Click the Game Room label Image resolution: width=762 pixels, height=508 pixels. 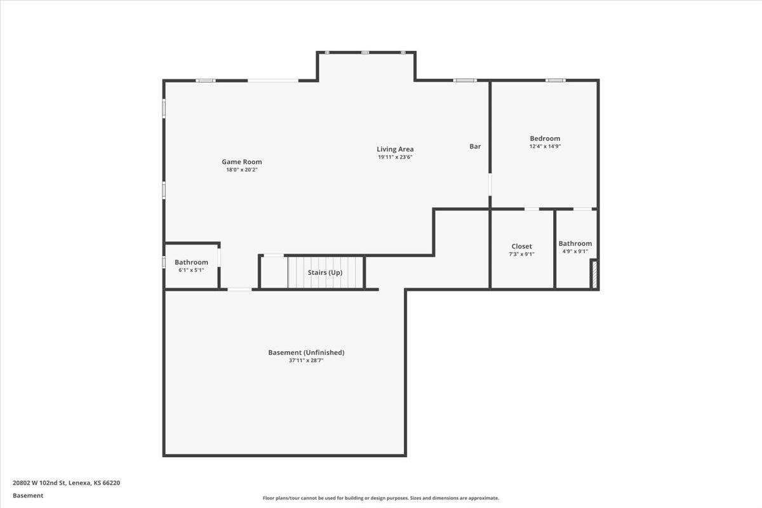coord(241,162)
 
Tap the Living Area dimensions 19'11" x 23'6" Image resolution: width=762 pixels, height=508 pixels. coord(395,157)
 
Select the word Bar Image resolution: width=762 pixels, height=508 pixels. coord(475,147)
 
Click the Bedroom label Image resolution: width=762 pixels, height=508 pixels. coord(545,138)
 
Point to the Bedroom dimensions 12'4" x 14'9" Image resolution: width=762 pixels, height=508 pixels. coord(545,146)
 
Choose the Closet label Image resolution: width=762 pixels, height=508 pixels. coord(521,246)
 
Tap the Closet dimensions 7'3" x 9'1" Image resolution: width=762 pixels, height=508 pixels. coord(521,254)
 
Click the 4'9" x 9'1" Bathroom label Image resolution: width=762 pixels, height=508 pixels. coord(575,244)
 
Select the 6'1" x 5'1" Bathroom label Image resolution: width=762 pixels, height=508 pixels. coord(191,262)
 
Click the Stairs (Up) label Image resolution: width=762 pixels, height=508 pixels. coord(325,272)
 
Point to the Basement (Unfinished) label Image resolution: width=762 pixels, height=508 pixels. coord(306,352)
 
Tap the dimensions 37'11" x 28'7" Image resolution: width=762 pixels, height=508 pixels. coord(306,360)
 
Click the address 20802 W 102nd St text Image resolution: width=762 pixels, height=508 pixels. coord(66,483)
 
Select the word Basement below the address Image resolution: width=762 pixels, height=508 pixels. coord(28,495)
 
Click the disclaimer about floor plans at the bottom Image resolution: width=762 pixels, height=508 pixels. coord(381,498)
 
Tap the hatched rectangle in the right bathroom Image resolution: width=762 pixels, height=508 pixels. coord(594,275)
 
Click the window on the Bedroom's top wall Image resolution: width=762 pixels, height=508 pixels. coord(555,81)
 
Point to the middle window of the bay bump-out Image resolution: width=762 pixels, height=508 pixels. coord(366,52)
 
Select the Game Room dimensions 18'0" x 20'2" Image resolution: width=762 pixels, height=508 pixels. coord(241,170)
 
